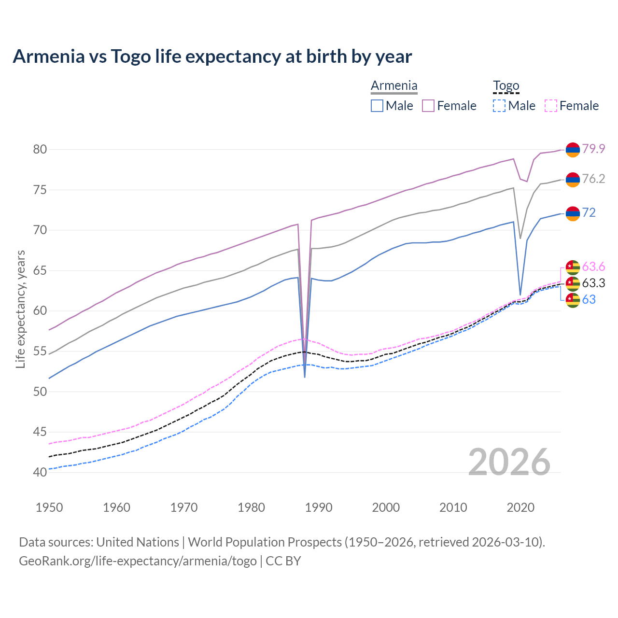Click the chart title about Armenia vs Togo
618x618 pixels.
(x=212, y=56)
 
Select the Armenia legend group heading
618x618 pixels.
(x=394, y=86)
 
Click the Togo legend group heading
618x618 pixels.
(x=506, y=86)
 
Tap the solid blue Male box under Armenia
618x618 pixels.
(x=377, y=106)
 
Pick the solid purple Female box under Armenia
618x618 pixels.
(x=428, y=106)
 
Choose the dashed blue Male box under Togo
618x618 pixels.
(x=499, y=106)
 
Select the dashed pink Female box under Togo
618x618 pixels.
(x=551, y=106)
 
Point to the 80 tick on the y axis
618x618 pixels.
(x=40, y=149)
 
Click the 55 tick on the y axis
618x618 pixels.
(x=40, y=351)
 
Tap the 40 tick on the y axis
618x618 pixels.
(x=40, y=472)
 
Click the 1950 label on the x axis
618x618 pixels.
(x=50, y=507)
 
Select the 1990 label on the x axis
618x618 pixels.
(x=319, y=507)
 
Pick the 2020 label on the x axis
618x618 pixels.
(x=520, y=507)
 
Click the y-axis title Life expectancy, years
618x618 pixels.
(x=20, y=309)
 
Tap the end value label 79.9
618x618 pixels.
(x=593, y=149)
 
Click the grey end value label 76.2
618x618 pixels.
(x=593, y=179)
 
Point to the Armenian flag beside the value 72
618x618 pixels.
(x=573, y=213)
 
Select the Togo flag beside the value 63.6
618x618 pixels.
(x=573, y=267)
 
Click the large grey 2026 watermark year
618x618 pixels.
(x=509, y=462)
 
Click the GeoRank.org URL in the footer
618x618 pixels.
(x=138, y=561)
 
